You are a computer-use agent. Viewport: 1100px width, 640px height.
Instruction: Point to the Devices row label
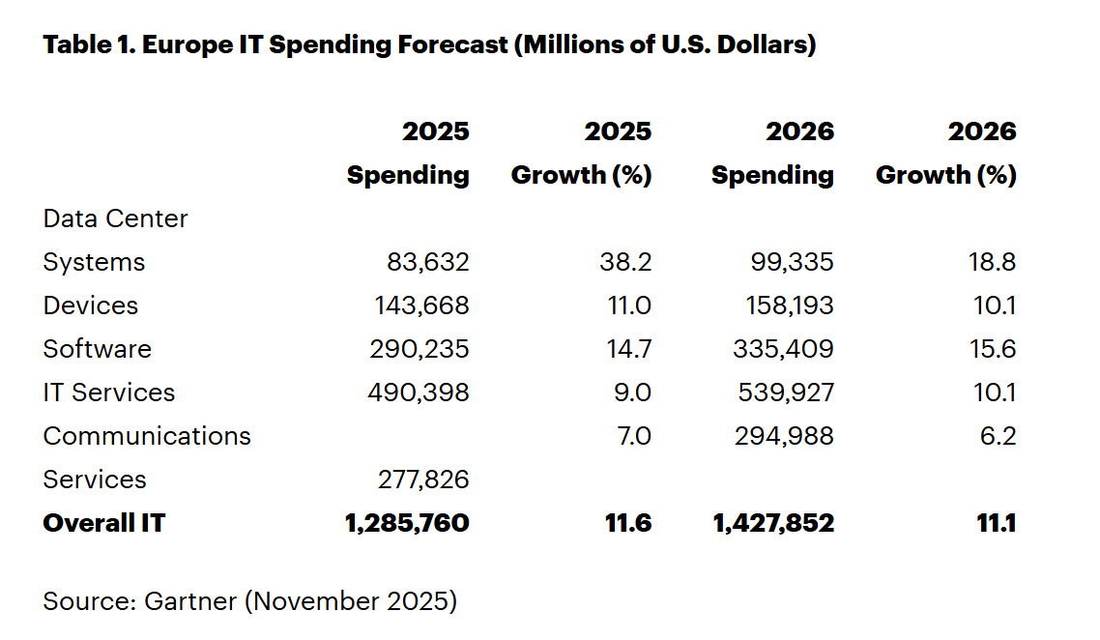point(91,305)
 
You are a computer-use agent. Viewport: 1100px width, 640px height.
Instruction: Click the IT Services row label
point(109,393)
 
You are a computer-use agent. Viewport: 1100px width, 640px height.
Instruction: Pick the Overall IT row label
point(104,523)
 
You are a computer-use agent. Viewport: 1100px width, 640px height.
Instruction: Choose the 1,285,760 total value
point(407,523)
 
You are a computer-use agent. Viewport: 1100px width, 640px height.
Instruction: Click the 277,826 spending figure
point(421,480)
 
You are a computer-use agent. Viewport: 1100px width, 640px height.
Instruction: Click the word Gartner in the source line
point(190,600)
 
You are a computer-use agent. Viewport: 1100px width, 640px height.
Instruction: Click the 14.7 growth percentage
point(627,349)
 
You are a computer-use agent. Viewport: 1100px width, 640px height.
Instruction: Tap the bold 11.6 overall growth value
point(628,523)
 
